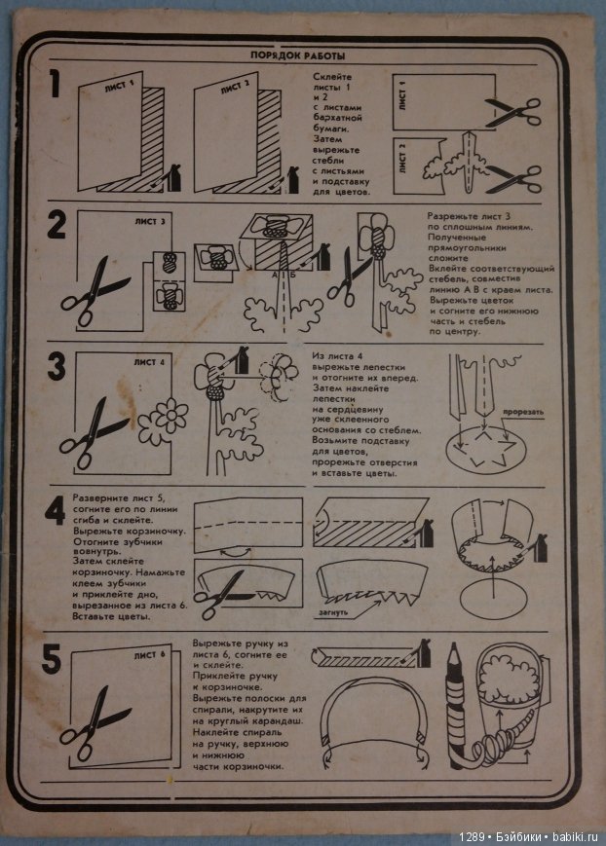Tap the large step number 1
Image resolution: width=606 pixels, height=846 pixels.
coord(58,90)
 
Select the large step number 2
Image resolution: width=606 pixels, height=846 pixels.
coord(57,227)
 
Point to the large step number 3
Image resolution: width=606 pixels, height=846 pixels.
coord(57,366)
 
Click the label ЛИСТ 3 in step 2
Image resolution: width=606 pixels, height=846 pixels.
coord(150,221)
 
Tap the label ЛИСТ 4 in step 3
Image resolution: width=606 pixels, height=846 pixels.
coord(150,361)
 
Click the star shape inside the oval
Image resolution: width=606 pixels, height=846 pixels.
coord(483,453)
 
